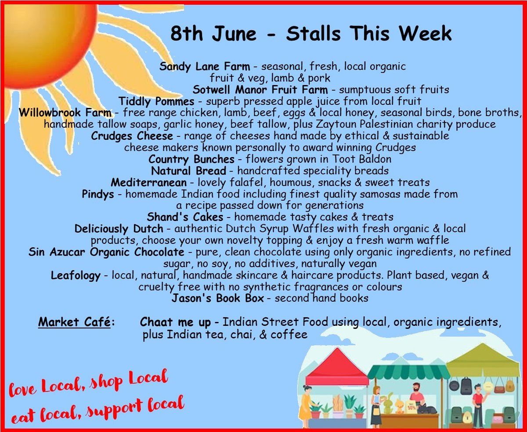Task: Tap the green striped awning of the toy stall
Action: click(x=408, y=372)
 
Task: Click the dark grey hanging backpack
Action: click(x=466, y=386)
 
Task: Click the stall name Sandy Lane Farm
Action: click(x=205, y=67)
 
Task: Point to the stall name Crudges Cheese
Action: click(x=132, y=136)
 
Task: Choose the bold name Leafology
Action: click(x=76, y=275)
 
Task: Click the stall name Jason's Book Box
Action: click(x=218, y=298)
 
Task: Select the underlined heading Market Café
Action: click(x=74, y=322)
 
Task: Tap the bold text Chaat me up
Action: click(x=175, y=322)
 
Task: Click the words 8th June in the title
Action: click(x=211, y=34)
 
